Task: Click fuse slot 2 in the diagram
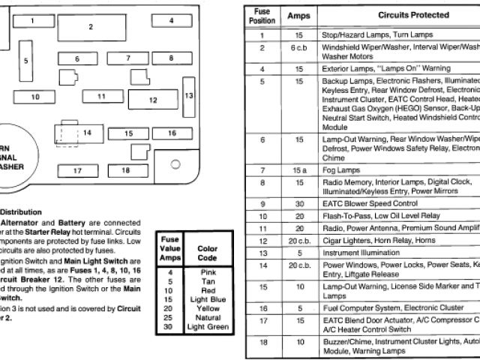pyautogui.click(x=91, y=28)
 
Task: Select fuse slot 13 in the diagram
pyautogui.click(x=189, y=95)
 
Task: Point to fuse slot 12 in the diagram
pyautogui.click(x=152, y=99)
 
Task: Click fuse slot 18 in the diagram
pyautogui.click(x=124, y=170)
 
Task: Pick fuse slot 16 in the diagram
pyautogui.click(x=172, y=133)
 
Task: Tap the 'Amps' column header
pyautogui.click(x=298, y=15)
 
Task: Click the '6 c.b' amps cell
pyautogui.click(x=298, y=47)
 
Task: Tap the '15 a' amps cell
pyautogui.click(x=298, y=171)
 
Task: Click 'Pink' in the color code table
pyautogui.click(x=208, y=271)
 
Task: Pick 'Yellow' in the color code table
pyautogui.click(x=208, y=309)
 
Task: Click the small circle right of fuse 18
pyautogui.click(x=175, y=163)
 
